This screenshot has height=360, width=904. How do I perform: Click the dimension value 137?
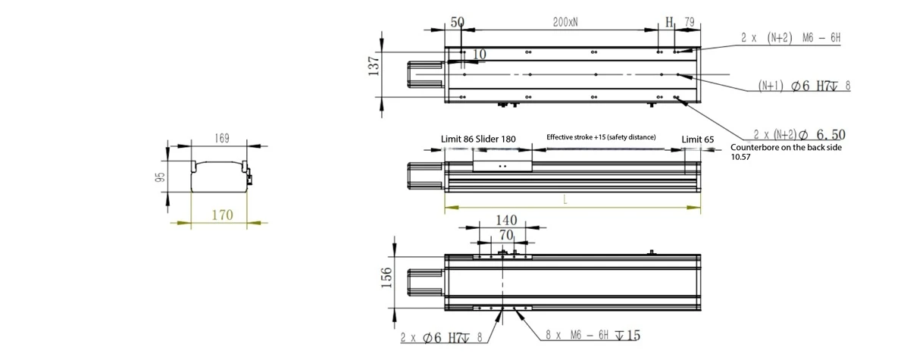[x=373, y=66]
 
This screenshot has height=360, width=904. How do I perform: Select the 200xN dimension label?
[x=565, y=22]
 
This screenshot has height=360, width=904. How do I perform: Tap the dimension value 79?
[x=688, y=22]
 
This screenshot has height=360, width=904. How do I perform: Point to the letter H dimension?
[x=669, y=22]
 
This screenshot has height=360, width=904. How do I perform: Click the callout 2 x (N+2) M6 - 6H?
[x=791, y=39]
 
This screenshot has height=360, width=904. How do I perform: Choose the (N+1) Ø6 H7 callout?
[x=804, y=86]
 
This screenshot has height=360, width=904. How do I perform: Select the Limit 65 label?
[x=698, y=139]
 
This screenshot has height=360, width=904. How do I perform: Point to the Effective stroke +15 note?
[x=602, y=137]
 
